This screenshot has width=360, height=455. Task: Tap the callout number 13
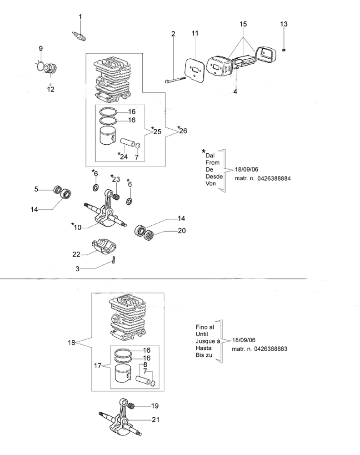[284, 24]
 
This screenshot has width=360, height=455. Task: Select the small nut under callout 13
[283, 49]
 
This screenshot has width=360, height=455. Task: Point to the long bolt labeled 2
[175, 80]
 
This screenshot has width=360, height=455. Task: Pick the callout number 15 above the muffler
[243, 24]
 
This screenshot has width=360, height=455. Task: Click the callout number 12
[50, 90]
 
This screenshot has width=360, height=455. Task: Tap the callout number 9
[40, 49]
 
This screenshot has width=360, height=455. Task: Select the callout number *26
[182, 130]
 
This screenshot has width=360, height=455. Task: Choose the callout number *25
[157, 131]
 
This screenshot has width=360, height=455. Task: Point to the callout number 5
[36, 189]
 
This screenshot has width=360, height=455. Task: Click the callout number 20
[182, 231]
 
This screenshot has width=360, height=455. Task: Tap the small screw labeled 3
[113, 261]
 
